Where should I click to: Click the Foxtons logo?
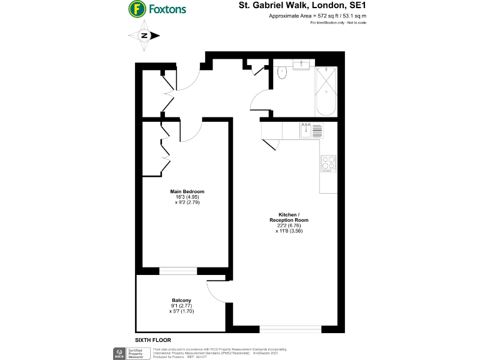pyautogui.click(x=157, y=9)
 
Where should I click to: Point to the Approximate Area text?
pyautogui.click(x=309, y=16)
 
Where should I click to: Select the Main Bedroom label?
pyautogui.click(x=187, y=191)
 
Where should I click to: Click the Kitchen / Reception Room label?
pyautogui.click(x=289, y=217)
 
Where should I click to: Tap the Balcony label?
pyautogui.click(x=181, y=300)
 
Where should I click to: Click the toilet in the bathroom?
pyautogui.click(x=282, y=73)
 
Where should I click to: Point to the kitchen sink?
pyautogui.click(x=306, y=130)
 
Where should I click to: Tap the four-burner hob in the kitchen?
pyautogui.click(x=328, y=163)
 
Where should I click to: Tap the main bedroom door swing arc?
pyautogui.click(x=192, y=131)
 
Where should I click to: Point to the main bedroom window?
pyautogui.click(x=178, y=271)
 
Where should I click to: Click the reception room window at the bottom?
pyautogui.click(x=291, y=328)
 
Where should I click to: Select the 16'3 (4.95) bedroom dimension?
pyautogui.click(x=187, y=197)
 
